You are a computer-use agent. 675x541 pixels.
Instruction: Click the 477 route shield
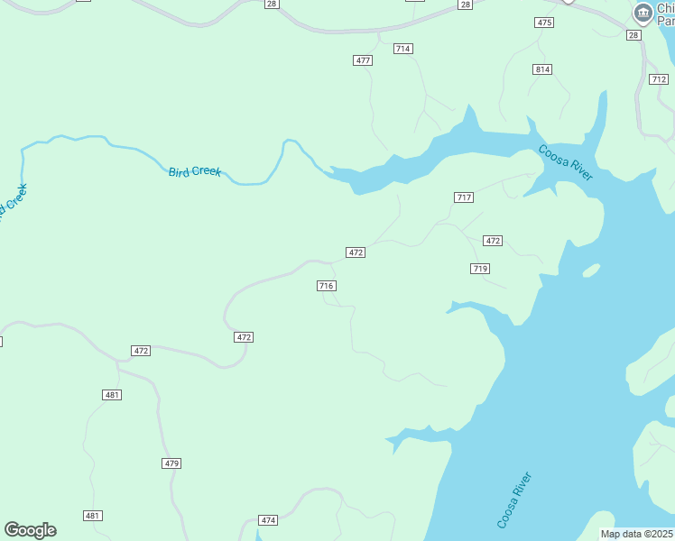[x=363, y=60]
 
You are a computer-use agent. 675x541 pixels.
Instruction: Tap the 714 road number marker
[x=403, y=49]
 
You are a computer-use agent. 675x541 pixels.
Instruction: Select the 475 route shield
[x=544, y=23]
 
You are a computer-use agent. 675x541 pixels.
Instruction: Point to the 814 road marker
[x=542, y=69]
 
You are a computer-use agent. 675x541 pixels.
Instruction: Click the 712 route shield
[x=659, y=79]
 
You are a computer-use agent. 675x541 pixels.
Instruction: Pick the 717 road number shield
[x=464, y=197]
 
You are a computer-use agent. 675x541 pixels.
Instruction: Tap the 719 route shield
[x=480, y=269]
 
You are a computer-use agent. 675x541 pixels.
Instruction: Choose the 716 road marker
[x=327, y=286]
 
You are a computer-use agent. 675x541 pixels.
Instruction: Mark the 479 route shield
[x=172, y=463]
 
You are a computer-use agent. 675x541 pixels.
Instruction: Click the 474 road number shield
[x=268, y=520]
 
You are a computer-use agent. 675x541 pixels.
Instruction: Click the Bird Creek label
[x=195, y=171]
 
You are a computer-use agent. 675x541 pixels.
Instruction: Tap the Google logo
[x=30, y=530]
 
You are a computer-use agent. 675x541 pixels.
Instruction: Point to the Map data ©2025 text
[x=637, y=534]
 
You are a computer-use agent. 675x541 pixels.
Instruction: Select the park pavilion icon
[x=643, y=13]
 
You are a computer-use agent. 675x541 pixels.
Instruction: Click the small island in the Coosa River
[x=591, y=270]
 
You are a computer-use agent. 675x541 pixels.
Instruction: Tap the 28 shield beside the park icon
[x=633, y=35]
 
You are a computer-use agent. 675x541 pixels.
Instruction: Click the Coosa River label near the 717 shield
[x=566, y=162]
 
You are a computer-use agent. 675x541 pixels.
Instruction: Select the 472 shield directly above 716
[x=356, y=252]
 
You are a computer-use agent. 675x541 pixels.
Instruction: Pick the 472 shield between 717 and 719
[x=493, y=241]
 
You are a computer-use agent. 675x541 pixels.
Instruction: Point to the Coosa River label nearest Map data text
[x=514, y=500]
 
